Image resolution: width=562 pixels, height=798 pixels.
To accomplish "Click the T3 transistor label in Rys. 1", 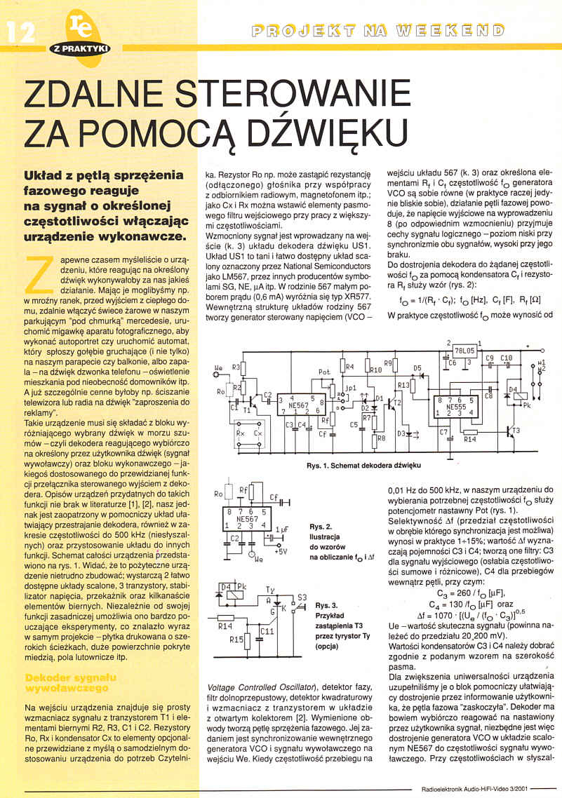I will (516, 429).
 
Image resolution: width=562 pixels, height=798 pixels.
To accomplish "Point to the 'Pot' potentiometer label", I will (324, 372).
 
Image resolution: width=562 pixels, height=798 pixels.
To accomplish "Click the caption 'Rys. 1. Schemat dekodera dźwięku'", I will (363, 465).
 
